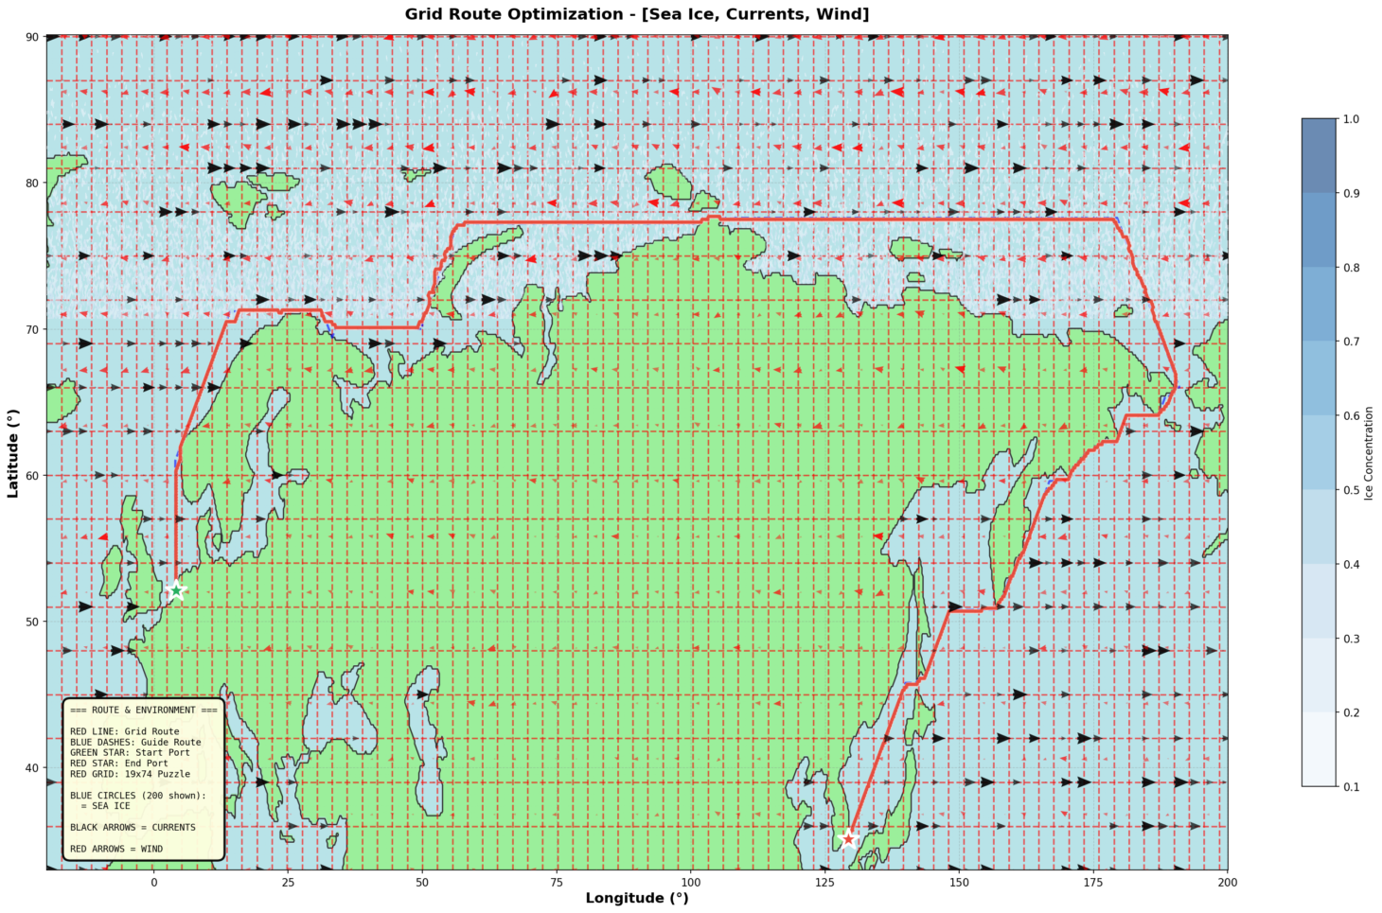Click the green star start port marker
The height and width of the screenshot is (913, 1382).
coord(176,590)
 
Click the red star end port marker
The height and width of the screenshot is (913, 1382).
coord(848,838)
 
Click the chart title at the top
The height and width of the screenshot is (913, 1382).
coord(636,14)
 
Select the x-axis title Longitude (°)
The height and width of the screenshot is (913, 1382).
coord(636,898)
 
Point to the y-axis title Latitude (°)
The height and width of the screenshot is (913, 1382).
coord(12,453)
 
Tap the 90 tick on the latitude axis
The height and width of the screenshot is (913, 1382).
coord(31,37)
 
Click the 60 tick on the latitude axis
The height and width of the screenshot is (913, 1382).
coord(31,476)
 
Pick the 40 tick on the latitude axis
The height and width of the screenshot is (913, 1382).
coord(31,768)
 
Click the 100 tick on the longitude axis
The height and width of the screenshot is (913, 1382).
coord(691,882)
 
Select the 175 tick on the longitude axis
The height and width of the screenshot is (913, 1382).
coord(1093,882)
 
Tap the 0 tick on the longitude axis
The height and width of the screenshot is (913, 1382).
coord(153,882)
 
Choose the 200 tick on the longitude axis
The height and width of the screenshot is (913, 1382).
coord(1228,882)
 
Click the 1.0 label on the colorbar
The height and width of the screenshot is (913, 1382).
coord(1352,119)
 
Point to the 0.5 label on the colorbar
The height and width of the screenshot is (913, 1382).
coord(1352,490)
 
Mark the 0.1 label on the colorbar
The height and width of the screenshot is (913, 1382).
coord(1352,786)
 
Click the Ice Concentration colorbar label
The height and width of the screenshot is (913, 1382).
coord(1370,453)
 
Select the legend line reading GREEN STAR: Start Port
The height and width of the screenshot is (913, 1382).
coord(130,753)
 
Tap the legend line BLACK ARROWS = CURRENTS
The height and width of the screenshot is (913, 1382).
coord(133,827)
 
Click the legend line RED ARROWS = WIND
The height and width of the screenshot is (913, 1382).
coord(115,849)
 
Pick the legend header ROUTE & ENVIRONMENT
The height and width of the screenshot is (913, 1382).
coord(143,710)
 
